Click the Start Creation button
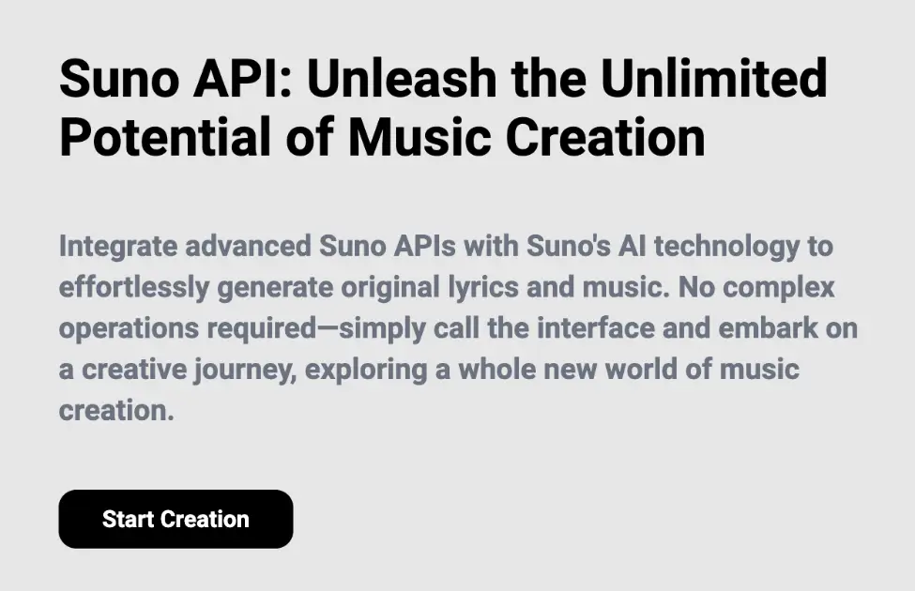[175, 519]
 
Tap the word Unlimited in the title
[714, 79]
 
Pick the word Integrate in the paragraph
[117, 248]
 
